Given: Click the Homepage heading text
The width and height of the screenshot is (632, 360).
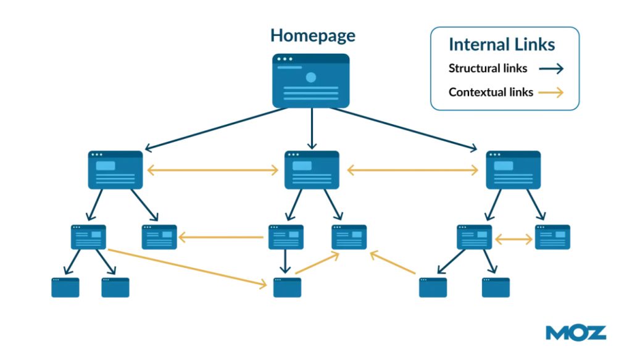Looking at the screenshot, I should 312,36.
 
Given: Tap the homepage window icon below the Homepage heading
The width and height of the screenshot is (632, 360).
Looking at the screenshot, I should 311,80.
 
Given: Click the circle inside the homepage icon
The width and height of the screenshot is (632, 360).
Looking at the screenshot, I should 311,77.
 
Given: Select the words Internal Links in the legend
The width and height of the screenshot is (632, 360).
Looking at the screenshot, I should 502,44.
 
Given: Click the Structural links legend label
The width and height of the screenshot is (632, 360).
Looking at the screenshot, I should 488,69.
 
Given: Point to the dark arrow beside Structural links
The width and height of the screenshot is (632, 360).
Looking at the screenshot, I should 551,69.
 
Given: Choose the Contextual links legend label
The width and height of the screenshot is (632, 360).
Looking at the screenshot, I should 491,93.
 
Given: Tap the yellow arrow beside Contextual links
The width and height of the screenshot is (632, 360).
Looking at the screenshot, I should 551,93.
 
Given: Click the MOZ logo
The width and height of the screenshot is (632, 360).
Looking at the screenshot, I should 575,333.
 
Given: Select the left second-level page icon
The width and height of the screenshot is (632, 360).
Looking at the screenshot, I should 115,170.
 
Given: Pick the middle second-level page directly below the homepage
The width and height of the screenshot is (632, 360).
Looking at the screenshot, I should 312,170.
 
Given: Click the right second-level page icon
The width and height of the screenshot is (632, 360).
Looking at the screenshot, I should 513,170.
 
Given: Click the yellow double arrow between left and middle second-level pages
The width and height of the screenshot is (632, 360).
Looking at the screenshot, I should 213,170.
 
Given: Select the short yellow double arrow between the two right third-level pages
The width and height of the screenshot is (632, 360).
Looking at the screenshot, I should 513,239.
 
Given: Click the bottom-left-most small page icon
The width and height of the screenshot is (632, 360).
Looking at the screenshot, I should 65,288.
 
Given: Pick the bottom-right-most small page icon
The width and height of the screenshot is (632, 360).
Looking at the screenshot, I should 496,288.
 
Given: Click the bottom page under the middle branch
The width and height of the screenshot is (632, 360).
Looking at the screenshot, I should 287,288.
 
